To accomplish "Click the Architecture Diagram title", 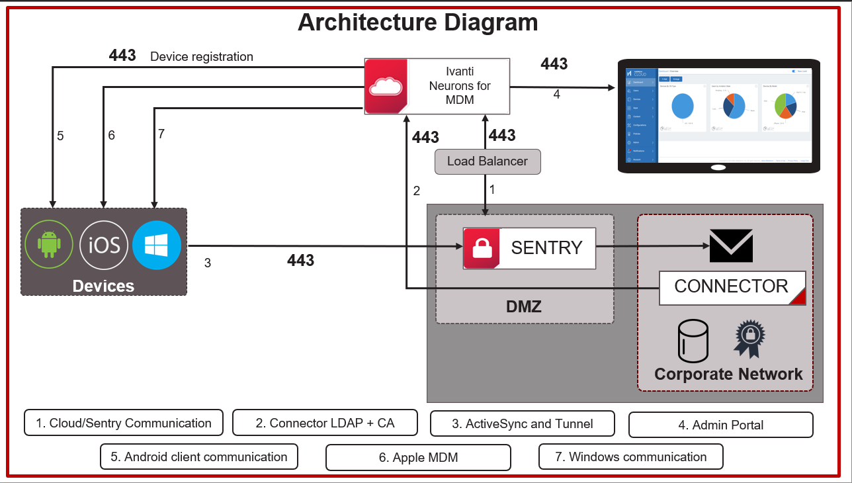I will tap(417, 22).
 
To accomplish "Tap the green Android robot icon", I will tap(48, 244).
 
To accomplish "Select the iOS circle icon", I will tap(104, 245).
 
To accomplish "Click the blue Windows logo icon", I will tap(157, 245).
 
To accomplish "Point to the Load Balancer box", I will tap(488, 161).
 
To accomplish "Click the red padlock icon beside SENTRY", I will tap(481, 248).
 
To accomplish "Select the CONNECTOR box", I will tap(732, 287).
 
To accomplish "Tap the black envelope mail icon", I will tap(731, 245).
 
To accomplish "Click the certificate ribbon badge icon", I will tap(749, 338).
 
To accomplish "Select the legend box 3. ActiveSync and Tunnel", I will tap(523, 423).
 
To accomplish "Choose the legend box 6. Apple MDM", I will tap(418, 457).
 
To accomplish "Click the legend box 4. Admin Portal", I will tap(720, 425).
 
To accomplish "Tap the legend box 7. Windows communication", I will tap(630, 457).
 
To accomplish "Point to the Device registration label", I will tap(202, 57).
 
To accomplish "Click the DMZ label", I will tap(524, 306).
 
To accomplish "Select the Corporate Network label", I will tap(728, 374).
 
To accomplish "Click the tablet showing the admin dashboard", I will tap(718, 116).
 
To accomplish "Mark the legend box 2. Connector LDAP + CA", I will tap(325, 423).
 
